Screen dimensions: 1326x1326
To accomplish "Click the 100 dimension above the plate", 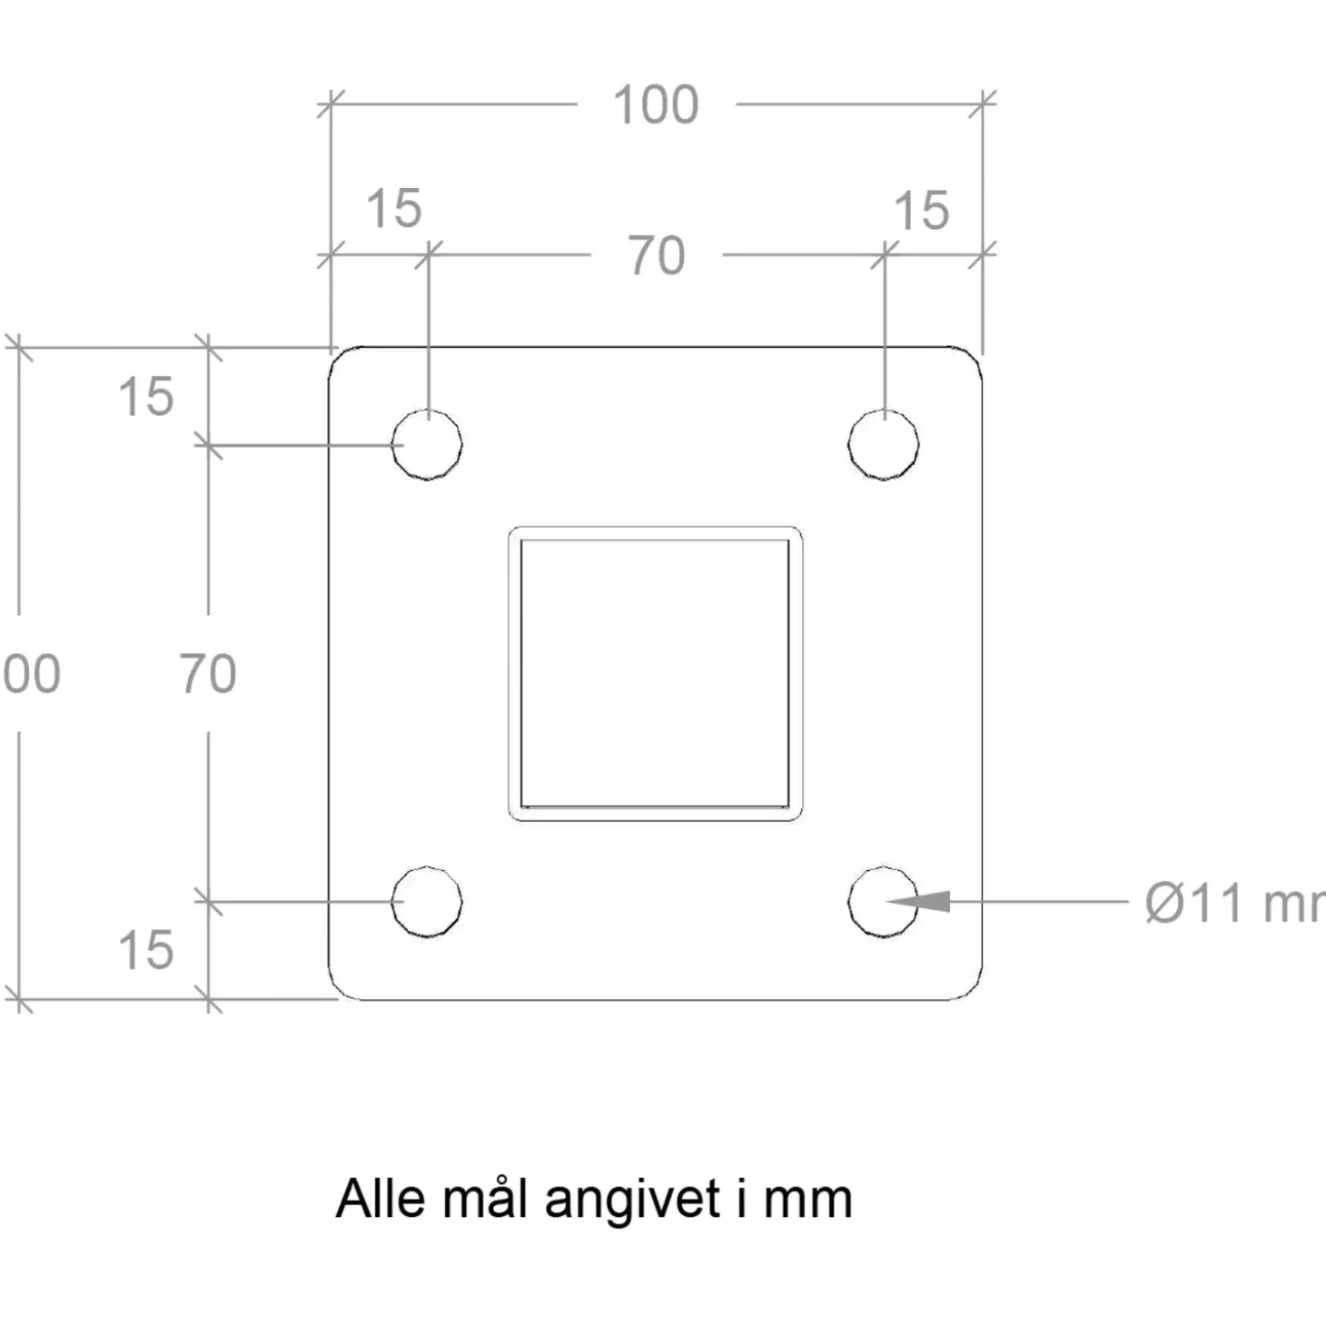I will tap(656, 105).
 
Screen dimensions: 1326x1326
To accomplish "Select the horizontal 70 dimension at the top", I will tap(656, 256).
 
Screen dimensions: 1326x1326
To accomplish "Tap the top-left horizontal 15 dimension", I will tap(393, 209).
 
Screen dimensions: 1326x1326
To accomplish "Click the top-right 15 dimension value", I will tap(921, 211).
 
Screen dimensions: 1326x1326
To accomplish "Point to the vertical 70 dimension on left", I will tap(208, 674).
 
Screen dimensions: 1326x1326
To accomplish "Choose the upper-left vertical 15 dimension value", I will tap(145, 397).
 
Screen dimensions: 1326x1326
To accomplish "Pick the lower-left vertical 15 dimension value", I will tap(145, 950).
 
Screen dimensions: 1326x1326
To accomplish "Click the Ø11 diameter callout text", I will tap(1231, 903).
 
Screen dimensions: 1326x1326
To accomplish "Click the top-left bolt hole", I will tap(427, 444).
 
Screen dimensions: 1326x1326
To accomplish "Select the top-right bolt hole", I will tap(883, 444).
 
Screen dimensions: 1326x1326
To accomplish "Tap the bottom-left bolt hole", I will tap(427, 902).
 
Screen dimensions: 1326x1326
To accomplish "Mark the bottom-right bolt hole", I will tap(883, 902).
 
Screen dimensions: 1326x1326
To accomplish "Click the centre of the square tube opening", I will tap(655, 673).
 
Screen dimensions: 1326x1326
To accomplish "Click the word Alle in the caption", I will tap(380, 1199).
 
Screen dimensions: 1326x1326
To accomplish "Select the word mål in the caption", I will tap(484, 1199).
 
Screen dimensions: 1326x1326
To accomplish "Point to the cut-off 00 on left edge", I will tap(31, 674).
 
